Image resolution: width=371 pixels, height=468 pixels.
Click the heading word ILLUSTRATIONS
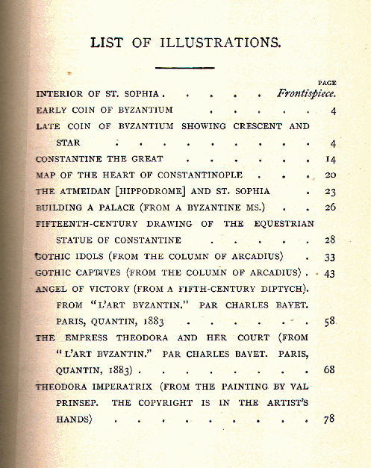pyautogui.click(x=221, y=42)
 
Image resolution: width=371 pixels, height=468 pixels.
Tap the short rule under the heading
pyautogui.click(x=186, y=67)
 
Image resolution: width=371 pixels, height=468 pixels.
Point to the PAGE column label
pyautogui.click(x=326, y=83)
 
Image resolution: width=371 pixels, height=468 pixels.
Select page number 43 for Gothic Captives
pyautogui.click(x=329, y=273)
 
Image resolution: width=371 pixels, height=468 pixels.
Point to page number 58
pyautogui.click(x=329, y=321)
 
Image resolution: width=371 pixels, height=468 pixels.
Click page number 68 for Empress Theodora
pyautogui.click(x=329, y=369)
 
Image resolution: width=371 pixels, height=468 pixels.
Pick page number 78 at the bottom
pyautogui.click(x=329, y=419)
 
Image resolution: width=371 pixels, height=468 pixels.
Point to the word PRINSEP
pyautogui.click(x=77, y=403)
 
